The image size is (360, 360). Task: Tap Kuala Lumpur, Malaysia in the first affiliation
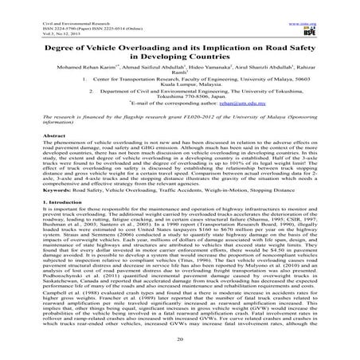tap(180, 90)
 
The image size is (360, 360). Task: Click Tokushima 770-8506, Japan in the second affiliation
tap(180, 108)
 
